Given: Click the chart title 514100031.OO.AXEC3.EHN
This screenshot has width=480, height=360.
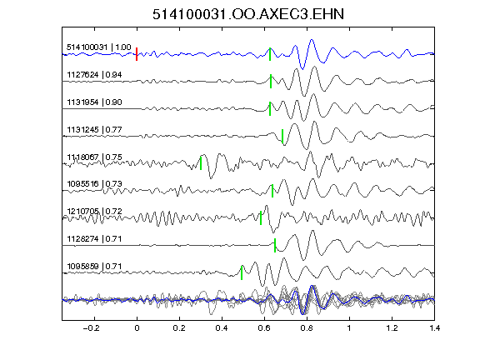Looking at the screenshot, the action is point(248,14).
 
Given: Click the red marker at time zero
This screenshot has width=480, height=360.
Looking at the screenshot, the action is point(137,54).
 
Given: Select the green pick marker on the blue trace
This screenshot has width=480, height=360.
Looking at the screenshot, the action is point(270,54).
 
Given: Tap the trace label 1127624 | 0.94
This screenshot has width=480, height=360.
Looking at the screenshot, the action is point(94,75).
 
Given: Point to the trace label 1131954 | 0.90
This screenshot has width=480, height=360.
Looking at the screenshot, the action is point(94,102).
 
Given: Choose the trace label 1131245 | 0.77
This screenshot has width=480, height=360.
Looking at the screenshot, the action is point(94,130).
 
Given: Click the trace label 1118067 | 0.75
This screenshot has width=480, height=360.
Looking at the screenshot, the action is point(94,157).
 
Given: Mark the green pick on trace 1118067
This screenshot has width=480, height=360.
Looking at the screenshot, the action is point(201,163).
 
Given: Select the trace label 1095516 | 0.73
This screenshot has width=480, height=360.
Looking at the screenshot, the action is point(94,184).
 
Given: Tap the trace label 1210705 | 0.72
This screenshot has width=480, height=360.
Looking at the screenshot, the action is point(94,212).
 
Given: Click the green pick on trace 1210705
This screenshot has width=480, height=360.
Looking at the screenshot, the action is point(261,218).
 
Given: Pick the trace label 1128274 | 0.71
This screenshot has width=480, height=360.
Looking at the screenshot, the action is point(94,239).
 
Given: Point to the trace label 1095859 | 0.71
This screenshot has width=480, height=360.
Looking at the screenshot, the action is point(94,267).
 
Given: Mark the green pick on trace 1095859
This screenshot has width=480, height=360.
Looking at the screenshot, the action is point(242,272).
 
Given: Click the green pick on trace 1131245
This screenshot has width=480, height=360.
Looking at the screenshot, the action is point(282,136).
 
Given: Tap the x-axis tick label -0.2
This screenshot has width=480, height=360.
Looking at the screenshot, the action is point(91,328).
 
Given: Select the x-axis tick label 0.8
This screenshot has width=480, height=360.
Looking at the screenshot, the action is point(307,328).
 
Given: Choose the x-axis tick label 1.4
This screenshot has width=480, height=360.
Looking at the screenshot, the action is point(434,328).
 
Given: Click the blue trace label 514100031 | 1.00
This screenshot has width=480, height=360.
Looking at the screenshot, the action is point(99,47).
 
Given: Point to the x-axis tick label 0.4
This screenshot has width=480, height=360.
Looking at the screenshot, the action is point(222,328).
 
